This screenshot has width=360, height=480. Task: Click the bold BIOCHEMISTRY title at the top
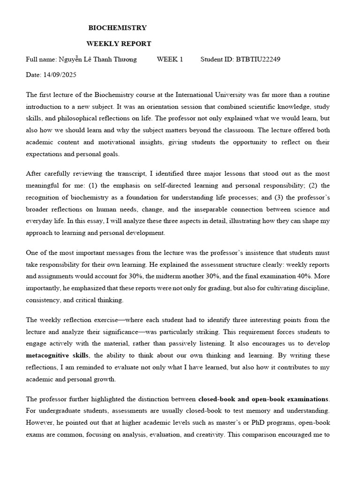(x=117, y=28)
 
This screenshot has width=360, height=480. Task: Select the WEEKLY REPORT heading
(x=119, y=44)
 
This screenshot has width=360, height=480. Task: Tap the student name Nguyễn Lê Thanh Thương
(x=97, y=59)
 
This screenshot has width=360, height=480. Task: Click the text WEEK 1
(x=170, y=59)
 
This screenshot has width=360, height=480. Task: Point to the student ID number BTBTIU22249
(x=258, y=59)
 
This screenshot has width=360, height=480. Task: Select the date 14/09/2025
(x=60, y=75)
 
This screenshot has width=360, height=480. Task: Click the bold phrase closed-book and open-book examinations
(x=263, y=399)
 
